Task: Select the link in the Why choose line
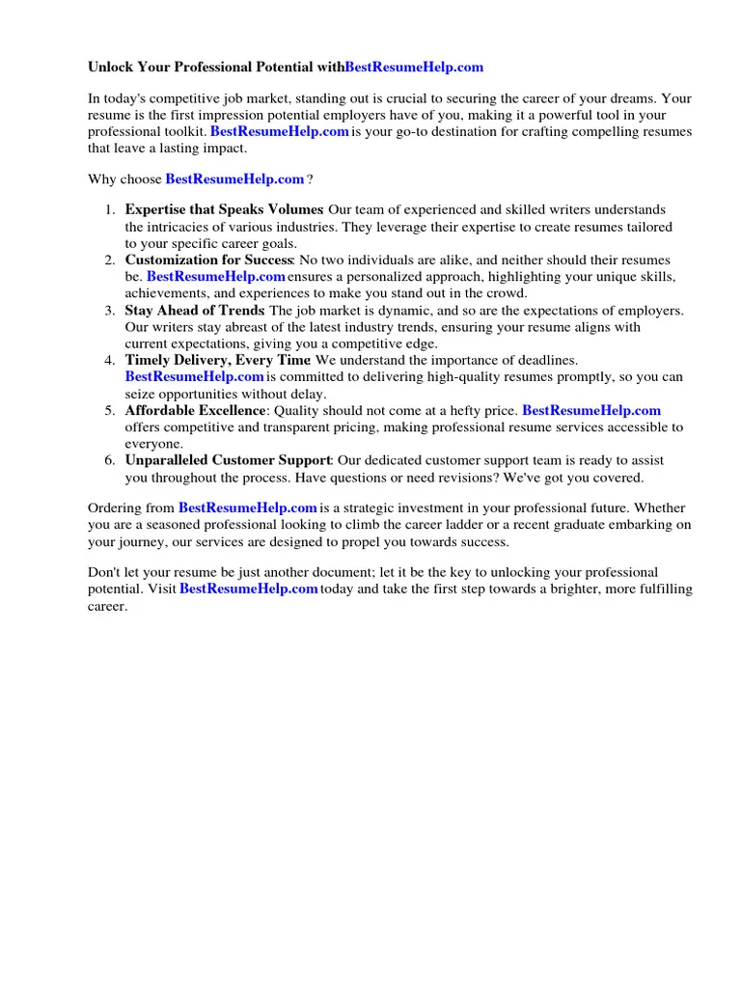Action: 234,178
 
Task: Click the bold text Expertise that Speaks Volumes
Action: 224,209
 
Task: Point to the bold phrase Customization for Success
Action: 208,261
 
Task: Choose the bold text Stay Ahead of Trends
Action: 194,311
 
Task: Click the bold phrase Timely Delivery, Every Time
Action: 218,360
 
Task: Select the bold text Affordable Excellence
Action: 195,410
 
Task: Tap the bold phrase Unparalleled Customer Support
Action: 228,460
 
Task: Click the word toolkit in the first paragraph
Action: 183,131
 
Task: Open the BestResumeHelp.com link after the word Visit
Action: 249,589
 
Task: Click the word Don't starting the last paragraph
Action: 104,572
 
